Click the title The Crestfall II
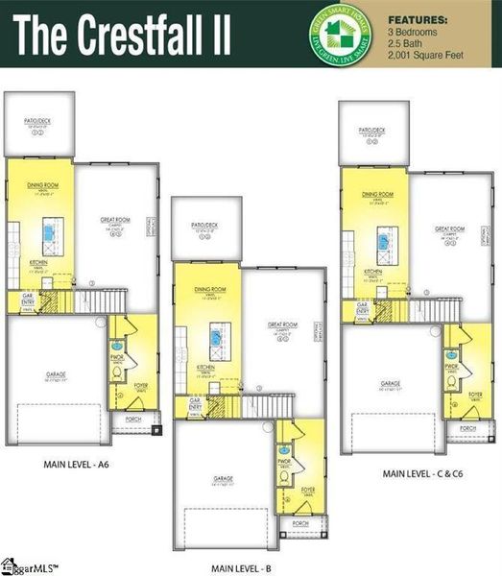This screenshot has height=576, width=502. (x=123, y=35)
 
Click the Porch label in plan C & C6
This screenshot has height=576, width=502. (x=467, y=427)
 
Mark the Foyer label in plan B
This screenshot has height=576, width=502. (x=307, y=489)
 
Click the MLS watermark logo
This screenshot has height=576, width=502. (x=29, y=565)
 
